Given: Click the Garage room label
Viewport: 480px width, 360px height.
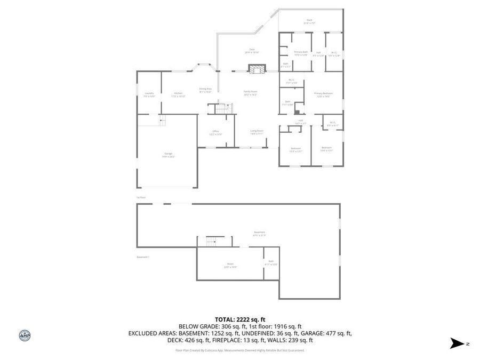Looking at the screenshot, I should pyautogui.click(x=168, y=155).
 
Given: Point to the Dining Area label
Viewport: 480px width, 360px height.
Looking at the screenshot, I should pyautogui.click(x=205, y=90).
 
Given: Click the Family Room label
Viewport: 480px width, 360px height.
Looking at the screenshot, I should pyautogui.click(x=250, y=92).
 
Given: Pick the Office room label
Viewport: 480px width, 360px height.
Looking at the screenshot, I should pyautogui.click(x=215, y=132).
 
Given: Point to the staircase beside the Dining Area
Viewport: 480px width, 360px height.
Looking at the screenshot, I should pyautogui.click(x=221, y=108).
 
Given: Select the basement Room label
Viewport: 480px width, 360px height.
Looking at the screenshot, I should pyautogui.click(x=230, y=265).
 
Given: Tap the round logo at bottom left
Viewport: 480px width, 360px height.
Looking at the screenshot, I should pyautogui.click(x=25, y=335).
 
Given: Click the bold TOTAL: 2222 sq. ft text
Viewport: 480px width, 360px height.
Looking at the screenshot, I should pyautogui.click(x=239, y=319).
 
